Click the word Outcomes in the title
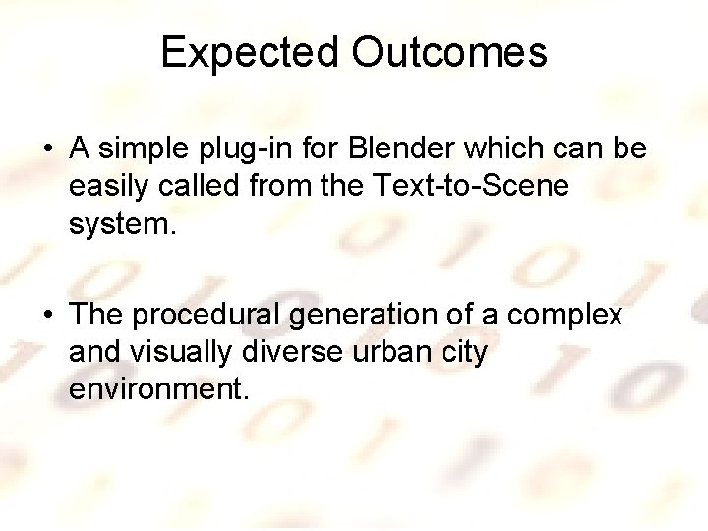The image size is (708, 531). (449, 52)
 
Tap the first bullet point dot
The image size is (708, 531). (48, 150)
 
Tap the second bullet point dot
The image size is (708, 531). (48, 316)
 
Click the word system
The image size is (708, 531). (122, 224)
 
